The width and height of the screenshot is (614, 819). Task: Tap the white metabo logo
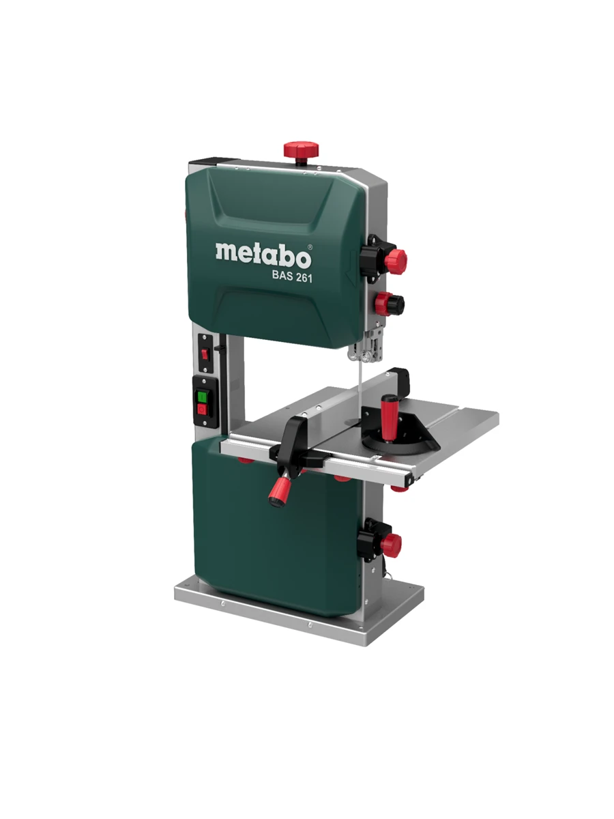[263, 254]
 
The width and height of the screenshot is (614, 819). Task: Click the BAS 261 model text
[289, 277]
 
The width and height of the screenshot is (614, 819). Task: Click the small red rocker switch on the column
[204, 354]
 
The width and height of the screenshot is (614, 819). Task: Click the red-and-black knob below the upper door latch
[391, 303]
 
